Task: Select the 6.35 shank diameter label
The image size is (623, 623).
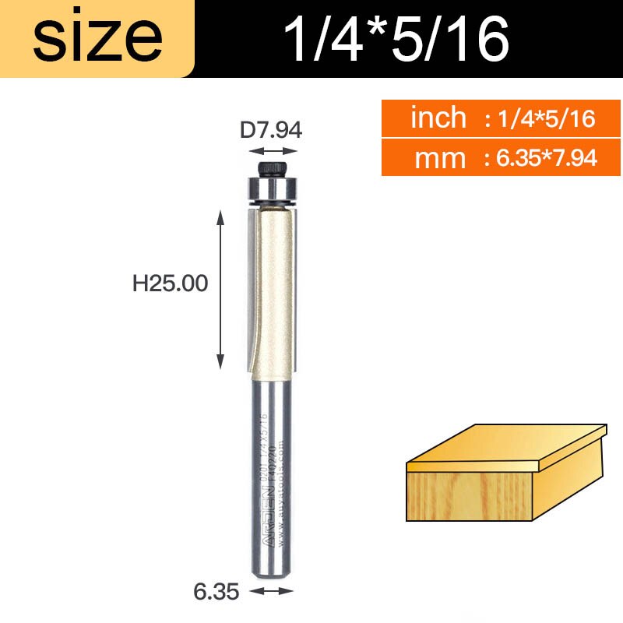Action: pos(216,592)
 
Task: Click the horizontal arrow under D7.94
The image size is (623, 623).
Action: pos(270,152)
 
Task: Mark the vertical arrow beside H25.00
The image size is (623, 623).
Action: pos(221,290)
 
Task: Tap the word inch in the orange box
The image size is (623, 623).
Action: pos(438,118)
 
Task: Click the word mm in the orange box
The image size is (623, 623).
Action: pos(440,158)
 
